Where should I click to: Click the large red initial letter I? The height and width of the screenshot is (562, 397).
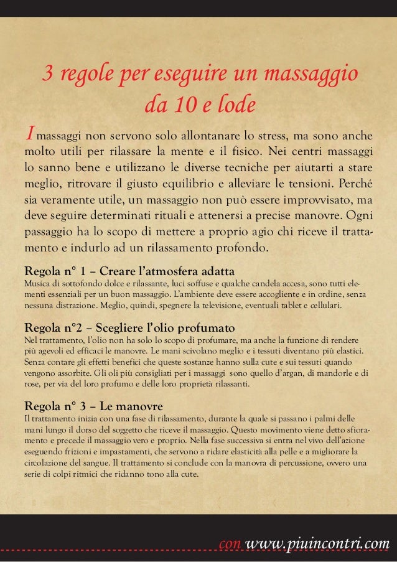click(x=28, y=136)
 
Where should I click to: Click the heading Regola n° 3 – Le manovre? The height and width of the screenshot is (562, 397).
click(x=93, y=405)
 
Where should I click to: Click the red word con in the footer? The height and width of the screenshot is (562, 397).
click(x=231, y=546)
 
